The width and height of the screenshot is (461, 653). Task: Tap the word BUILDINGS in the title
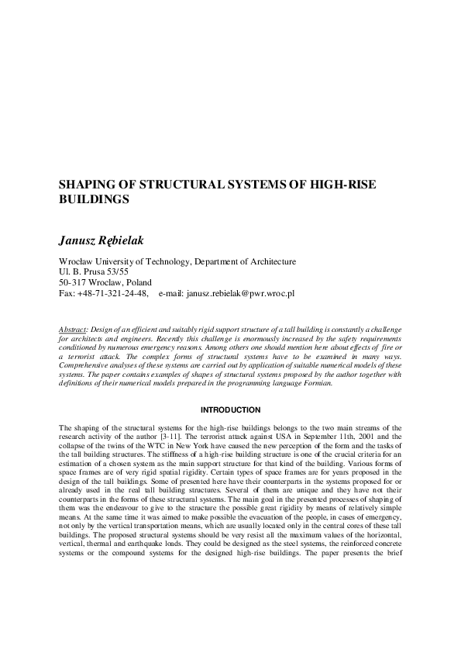point(94,199)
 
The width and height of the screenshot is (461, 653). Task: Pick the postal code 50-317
point(74,283)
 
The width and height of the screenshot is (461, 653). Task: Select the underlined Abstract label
point(74,330)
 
